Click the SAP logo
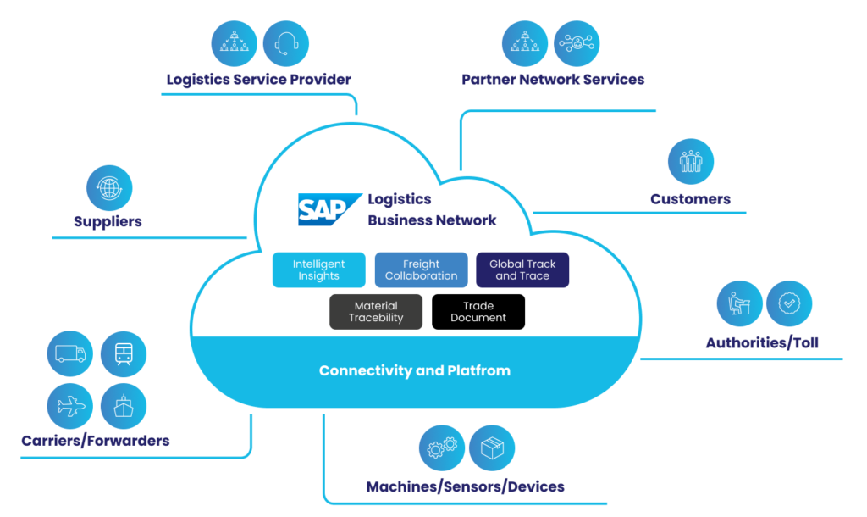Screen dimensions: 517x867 [329, 209]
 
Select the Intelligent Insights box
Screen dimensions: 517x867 [319, 270]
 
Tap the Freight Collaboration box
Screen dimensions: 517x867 [421, 270]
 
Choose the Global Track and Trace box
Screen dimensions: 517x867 [522, 270]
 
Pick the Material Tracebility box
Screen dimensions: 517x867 [376, 312]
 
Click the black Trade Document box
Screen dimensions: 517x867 [478, 312]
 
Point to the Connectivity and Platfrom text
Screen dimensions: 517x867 [415, 371]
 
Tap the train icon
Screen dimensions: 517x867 [124, 354]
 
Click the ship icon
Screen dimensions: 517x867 [124, 406]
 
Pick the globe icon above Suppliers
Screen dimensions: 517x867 [110, 188]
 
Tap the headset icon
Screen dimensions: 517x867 [285, 43]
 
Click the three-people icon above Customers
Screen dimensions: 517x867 [691, 162]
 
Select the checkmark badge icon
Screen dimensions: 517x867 [789, 303]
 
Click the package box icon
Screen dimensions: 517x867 [492, 448]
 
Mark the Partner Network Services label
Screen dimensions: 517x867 [553, 80]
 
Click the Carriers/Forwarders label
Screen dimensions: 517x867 [96, 441]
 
